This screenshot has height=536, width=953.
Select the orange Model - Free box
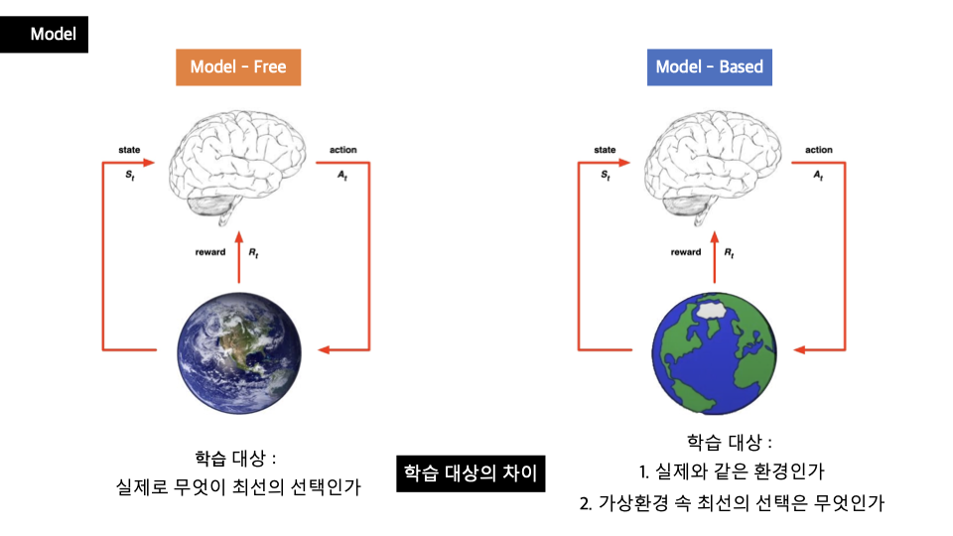tap(237, 67)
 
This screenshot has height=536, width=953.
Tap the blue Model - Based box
tap(710, 67)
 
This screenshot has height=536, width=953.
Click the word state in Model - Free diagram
tap(129, 150)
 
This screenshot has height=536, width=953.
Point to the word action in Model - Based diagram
tap(819, 150)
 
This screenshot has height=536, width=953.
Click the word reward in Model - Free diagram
tap(210, 252)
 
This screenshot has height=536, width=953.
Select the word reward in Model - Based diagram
tap(685, 252)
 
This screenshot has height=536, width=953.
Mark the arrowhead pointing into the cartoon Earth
tap(799, 349)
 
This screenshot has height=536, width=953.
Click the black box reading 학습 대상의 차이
tap(470, 472)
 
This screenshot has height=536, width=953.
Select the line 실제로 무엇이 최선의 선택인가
tap(237, 487)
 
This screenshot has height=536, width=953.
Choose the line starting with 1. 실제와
tap(731, 471)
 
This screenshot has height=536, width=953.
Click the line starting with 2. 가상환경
tap(731, 502)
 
